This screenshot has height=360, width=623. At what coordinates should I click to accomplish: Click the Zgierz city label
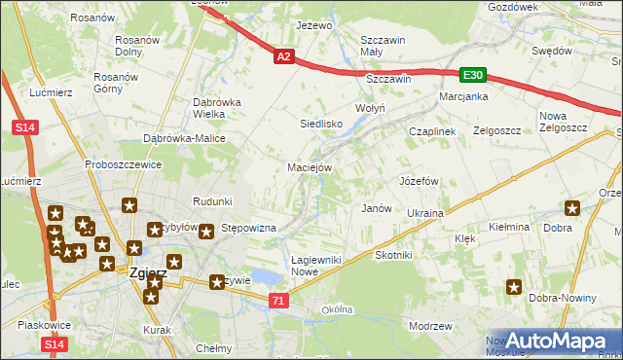pos(148,273)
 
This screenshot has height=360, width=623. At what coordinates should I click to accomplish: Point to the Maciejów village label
pos(311,167)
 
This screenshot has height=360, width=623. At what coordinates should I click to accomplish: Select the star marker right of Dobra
pos(572,207)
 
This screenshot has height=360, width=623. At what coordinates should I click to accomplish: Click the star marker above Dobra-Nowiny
pos(513,287)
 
